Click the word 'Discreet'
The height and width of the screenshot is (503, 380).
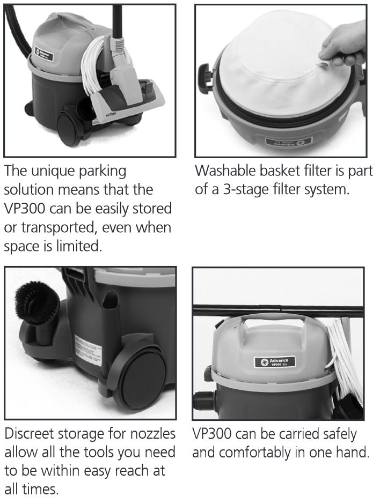31,434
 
